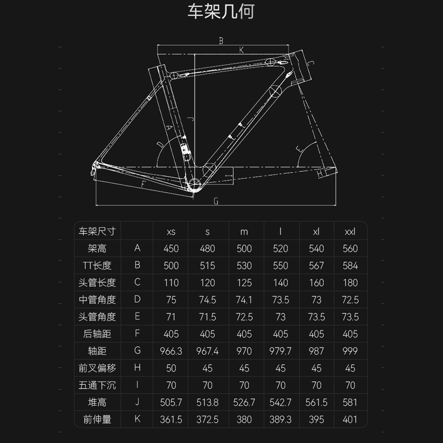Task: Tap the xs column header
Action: point(171,231)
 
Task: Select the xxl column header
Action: point(350,231)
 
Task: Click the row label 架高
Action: point(97,249)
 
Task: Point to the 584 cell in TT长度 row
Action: point(350,266)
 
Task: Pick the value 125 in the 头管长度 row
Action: point(244,282)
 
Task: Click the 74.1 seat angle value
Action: point(244,300)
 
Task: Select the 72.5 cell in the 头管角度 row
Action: point(244,317)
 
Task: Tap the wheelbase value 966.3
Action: point(171,351)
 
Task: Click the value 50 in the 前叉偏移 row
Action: point(171,368)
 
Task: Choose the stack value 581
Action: point(350,403)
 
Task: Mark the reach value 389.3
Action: point(280,420)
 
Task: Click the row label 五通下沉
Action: point(97,385)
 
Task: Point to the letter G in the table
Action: point(137,351)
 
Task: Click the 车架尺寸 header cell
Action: point(97,231)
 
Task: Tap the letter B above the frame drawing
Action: point(220,40)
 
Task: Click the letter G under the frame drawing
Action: point(215,201)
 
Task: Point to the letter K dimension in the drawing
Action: point(241,50)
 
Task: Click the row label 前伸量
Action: point(97,420)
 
